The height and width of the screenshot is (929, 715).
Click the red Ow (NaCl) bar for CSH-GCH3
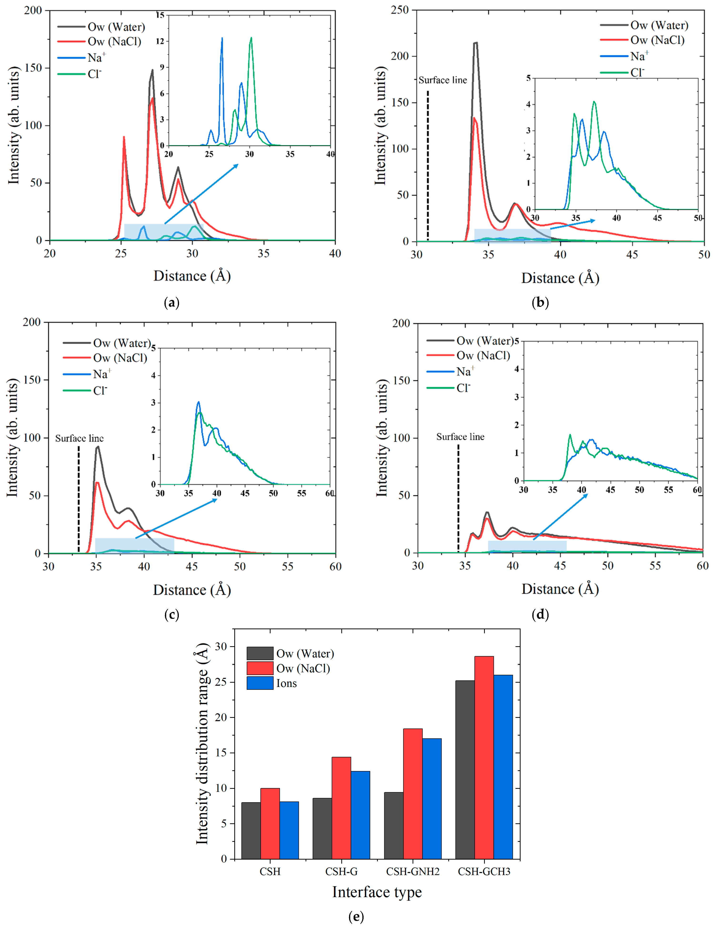point(484,766)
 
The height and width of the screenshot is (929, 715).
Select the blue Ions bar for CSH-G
point(360,823)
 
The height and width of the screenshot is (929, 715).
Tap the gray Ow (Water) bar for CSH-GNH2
point(394,834)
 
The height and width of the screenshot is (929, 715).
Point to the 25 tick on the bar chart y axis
point(224,682)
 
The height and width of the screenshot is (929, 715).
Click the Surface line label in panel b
point(443,80)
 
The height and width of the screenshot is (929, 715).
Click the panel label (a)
point(171,303)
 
